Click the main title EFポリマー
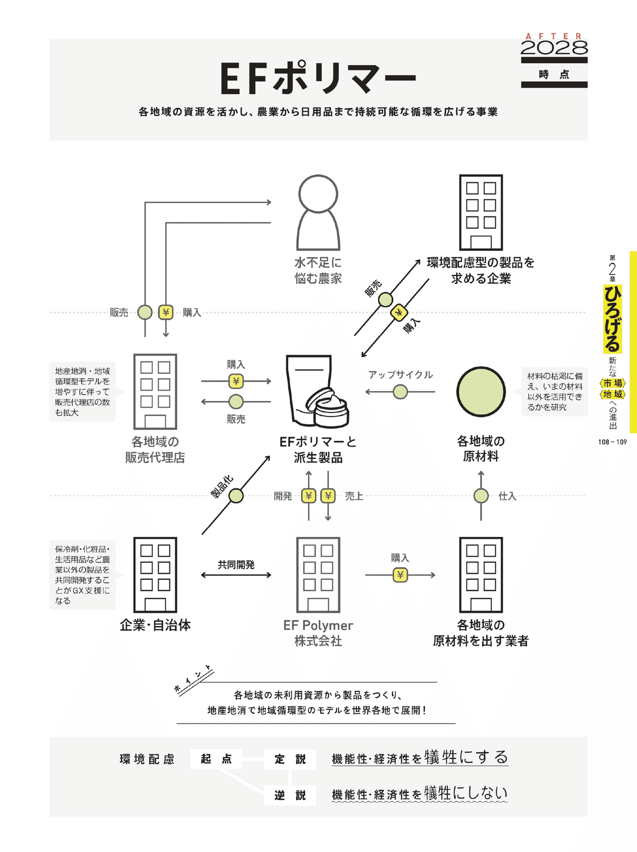coord(317,79)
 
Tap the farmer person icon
coord(318,212)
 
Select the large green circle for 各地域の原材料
coord(481,392)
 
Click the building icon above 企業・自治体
coord(155,575)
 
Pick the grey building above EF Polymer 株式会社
coord(318,575)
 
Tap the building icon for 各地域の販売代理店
coord(155,392)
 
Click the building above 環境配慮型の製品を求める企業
coord(481,212)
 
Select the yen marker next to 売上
coord(328,495)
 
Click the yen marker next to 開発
coord(308,495)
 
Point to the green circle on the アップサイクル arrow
coord(400,392)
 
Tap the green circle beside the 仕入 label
coord(481,495)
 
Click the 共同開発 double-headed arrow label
coord(236,564)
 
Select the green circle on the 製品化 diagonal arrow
coord(236,495)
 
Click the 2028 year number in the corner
coord(554,48)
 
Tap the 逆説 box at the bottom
coord(290,795)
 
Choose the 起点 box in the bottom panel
coord(216,759)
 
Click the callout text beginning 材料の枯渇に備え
coord(555,392)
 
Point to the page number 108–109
coord(612,442)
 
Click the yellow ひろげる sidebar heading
coord(612,318)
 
